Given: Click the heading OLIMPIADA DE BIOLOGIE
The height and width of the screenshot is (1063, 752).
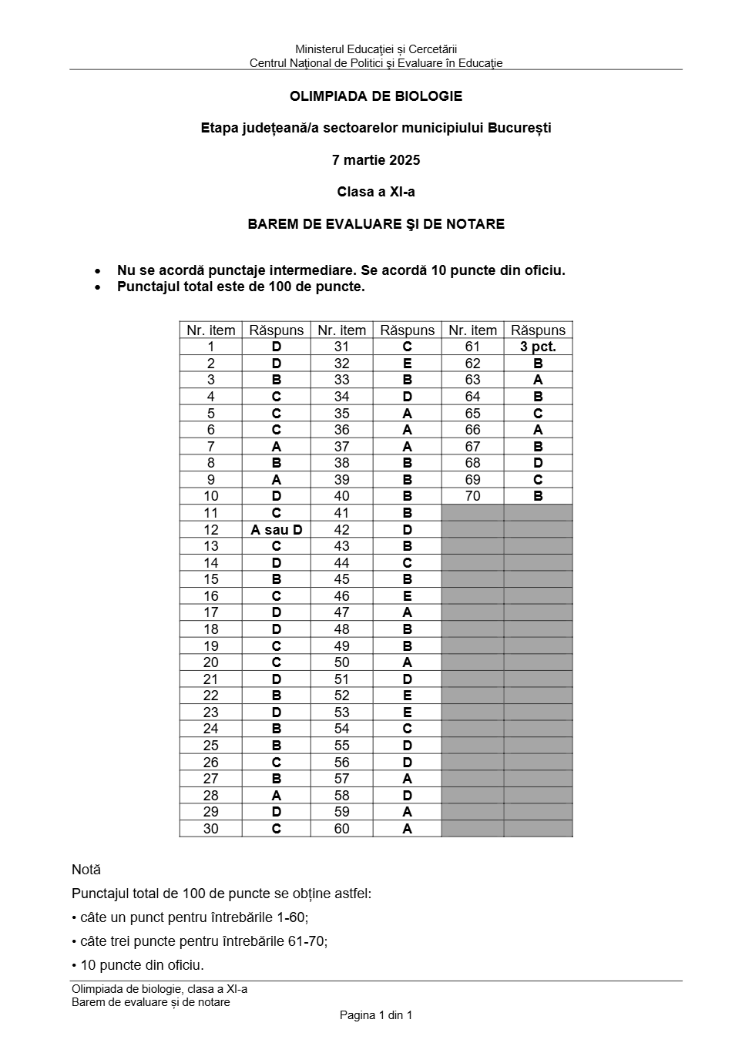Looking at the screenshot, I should pos(376,96).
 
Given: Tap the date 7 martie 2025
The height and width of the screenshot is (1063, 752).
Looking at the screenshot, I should pos(376,160).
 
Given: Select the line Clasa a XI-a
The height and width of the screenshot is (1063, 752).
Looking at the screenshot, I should pos(376,192).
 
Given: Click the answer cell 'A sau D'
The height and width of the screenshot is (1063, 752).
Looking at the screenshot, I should pos(277,529).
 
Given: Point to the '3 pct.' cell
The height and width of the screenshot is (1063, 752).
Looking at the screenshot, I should pos(538,347).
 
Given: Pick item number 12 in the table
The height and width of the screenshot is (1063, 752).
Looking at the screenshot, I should pos(211,529).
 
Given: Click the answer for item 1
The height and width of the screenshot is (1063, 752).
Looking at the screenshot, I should pos(277,347).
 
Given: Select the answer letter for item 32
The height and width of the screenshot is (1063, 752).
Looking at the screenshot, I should pos(408,364).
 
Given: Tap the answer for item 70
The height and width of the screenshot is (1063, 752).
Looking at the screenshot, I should pos(538,496).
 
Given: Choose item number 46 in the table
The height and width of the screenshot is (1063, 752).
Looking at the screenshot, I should pos(342,595).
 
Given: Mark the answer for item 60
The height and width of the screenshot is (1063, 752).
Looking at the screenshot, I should pos(408,829).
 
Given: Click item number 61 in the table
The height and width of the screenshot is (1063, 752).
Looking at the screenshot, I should pos(473,347).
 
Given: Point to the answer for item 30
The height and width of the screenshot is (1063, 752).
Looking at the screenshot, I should pos(277,829).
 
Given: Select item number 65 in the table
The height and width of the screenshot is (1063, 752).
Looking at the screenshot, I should pos(473,413).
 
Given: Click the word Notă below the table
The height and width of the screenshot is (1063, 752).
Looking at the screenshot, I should pos(86,870).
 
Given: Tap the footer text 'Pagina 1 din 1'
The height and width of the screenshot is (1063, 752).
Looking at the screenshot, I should pos(376,1015).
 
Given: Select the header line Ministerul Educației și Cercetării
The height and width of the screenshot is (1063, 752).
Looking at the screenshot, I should pos(376,50).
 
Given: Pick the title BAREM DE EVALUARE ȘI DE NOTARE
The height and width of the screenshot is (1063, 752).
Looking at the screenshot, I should pos(376,224).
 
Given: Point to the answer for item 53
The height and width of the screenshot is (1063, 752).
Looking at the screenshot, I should pos(408,712).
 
